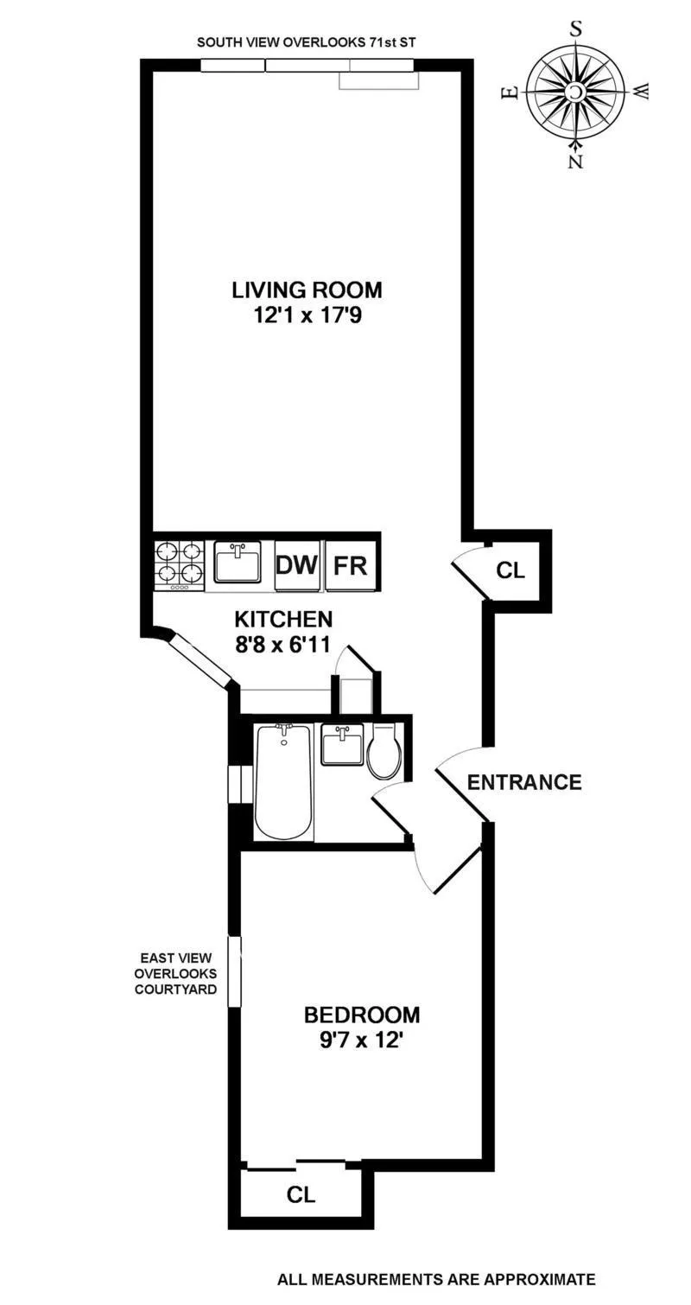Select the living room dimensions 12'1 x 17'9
tap(306, 316)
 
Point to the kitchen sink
tap(238, 563)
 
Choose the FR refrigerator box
tap(351, 566)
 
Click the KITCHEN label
tap(284, 619)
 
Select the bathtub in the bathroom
tap(282, 780)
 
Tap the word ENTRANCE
tap(523, 783)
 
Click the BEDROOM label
tap(362, 1014)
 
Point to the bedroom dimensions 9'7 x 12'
tap(362, 1041)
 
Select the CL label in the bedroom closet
tap(301, 1195)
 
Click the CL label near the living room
tap(510, 570)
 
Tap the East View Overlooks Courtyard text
tap(175, 974)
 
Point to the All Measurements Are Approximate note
tap(436, 1280)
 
